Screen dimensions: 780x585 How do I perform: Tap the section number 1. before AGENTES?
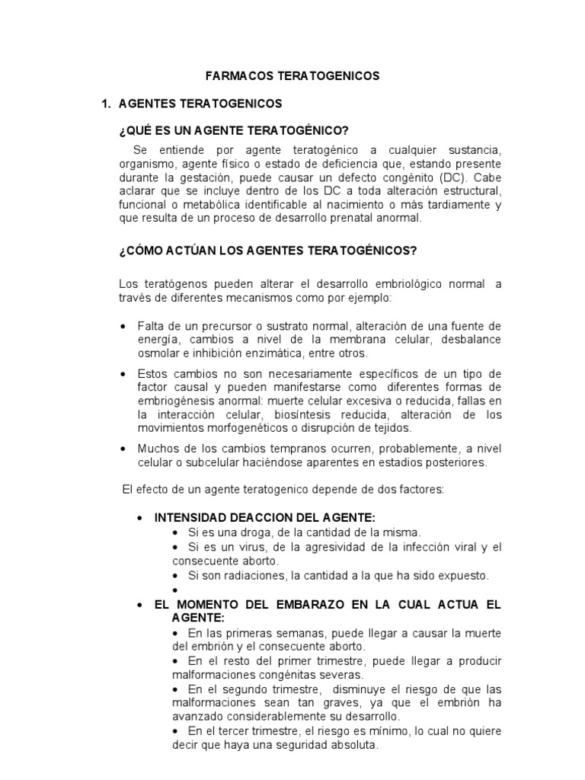(107, 103)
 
